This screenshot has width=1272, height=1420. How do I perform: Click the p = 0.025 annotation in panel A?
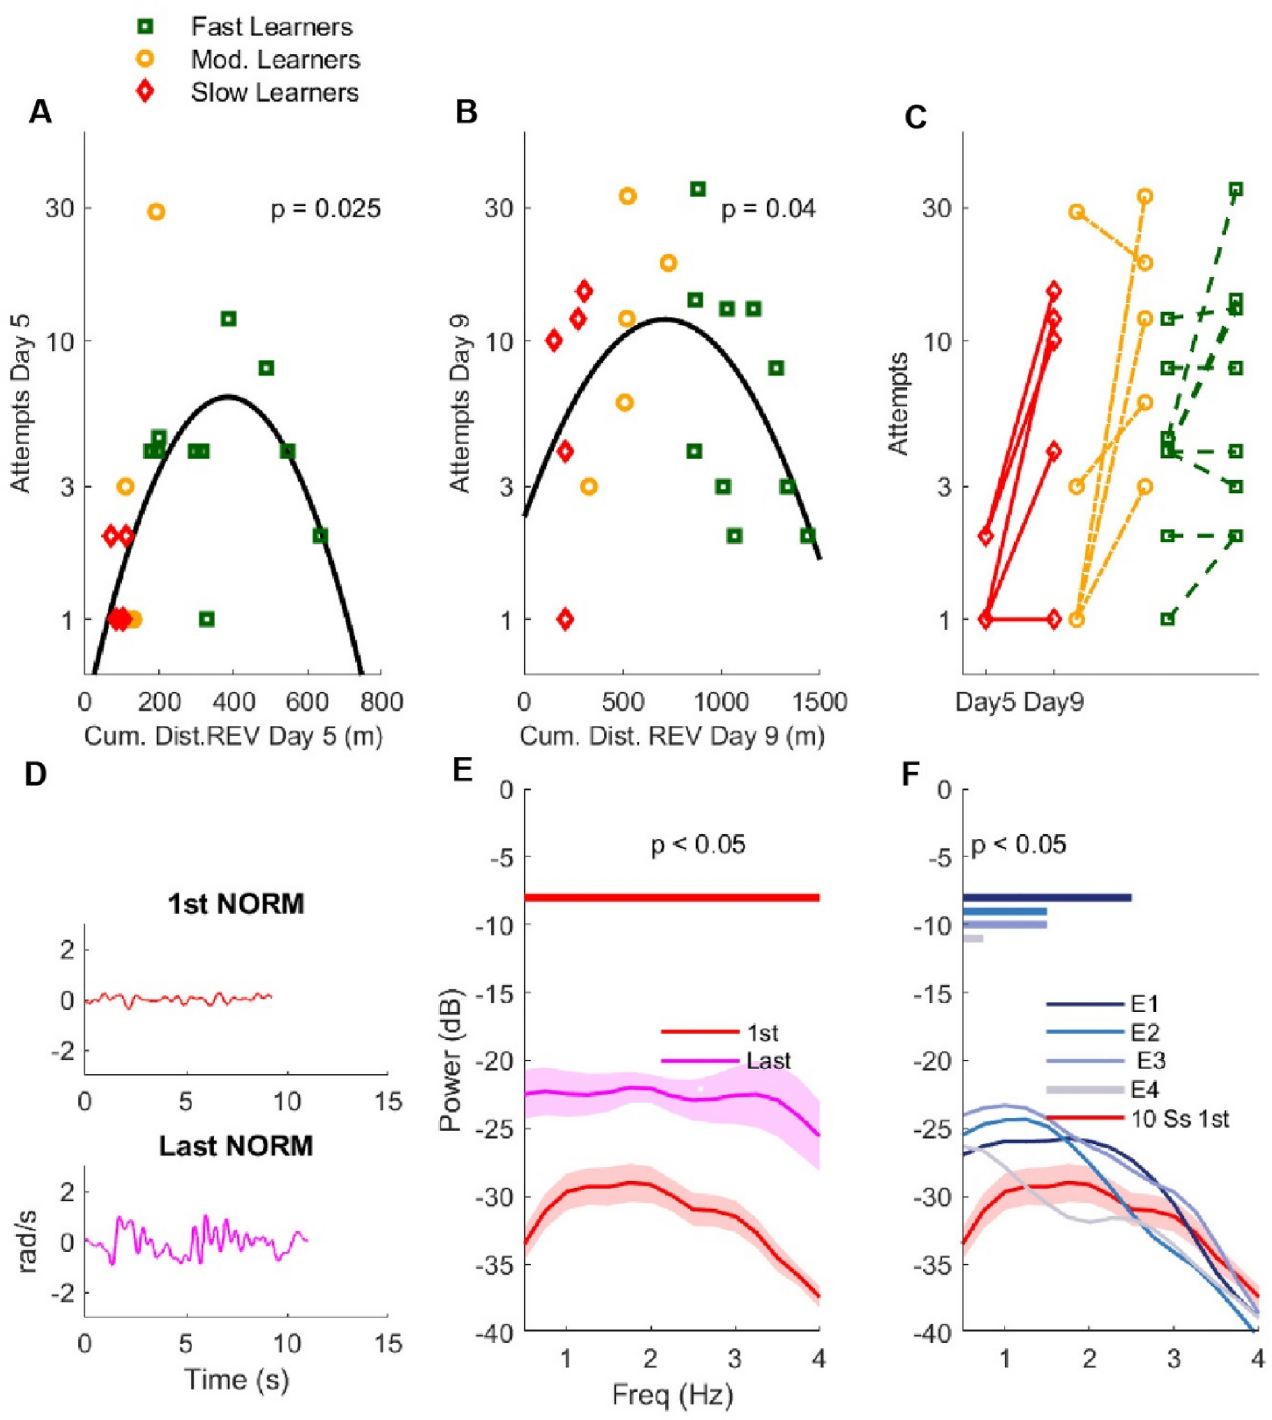pos(326,209)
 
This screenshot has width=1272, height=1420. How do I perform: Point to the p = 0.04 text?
pos(768,209)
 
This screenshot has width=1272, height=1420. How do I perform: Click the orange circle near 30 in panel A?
pos(157,212)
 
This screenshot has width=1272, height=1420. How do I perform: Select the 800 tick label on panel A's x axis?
pos(382,701)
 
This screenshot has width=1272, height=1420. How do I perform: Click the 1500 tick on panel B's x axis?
pos(818,701)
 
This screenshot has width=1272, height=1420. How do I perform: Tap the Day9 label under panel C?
pos(1053,701)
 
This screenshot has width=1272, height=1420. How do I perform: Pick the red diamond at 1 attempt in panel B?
pos(565,619)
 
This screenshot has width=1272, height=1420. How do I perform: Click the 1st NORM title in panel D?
pos(236,904)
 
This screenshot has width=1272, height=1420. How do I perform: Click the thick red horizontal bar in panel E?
pos(671,897)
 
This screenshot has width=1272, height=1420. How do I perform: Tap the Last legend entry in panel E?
pos(768,1060)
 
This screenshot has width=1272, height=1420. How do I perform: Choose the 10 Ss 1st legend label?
pos(1179,1119)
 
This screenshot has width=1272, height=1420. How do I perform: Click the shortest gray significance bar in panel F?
pos(973,938)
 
